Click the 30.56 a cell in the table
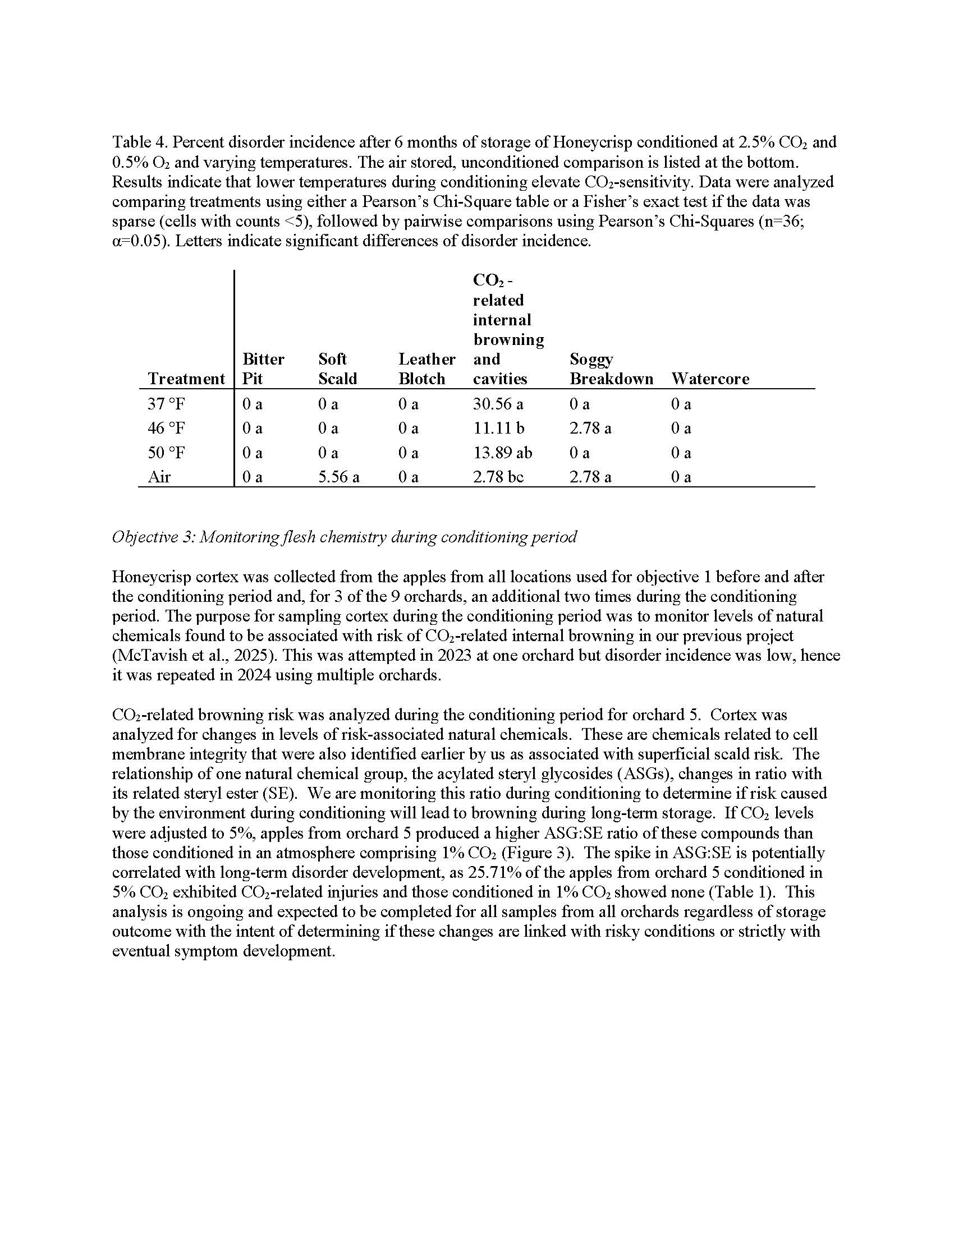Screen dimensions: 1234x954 coord(498,404)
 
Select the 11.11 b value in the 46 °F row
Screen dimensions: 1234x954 coord(498,429)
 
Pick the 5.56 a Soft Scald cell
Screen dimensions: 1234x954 coord(338,477)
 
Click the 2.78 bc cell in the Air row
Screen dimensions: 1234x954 coord(498,477)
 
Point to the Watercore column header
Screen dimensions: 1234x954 coord(710,379)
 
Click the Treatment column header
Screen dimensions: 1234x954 coord(186,379)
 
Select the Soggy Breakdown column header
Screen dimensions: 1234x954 coord(611,369)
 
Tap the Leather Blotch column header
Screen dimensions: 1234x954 coord(426,369)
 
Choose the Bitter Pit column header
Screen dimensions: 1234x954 coord(263,369)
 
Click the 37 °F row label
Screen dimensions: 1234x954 coord(166,404)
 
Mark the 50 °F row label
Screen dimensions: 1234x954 coord(166,453)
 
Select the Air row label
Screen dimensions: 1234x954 coord(159,477)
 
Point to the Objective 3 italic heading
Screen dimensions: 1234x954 coord(344,537)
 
